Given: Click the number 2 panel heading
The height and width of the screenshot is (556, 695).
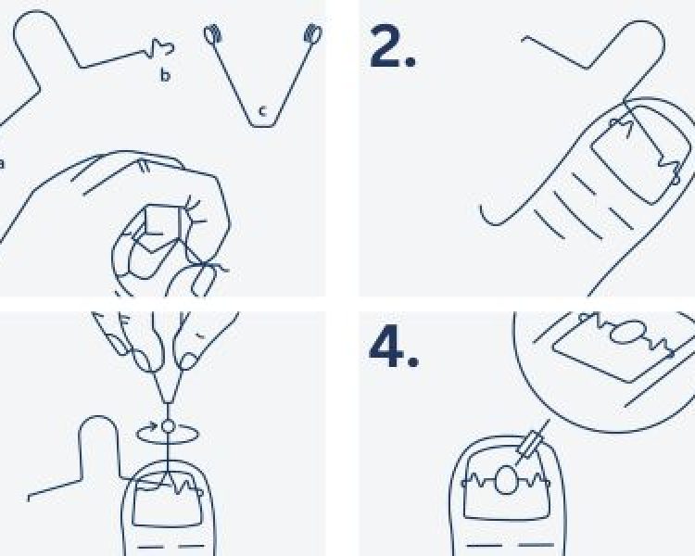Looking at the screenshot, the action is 393,46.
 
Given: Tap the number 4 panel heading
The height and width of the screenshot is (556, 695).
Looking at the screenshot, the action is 394,349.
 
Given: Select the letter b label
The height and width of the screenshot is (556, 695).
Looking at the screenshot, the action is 165,75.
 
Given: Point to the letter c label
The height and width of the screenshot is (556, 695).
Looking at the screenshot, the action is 262,111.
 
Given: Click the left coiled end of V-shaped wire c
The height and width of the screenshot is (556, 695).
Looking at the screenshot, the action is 213,34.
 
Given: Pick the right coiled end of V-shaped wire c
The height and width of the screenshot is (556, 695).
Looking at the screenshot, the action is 313,33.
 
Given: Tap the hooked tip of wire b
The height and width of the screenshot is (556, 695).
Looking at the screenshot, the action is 163,47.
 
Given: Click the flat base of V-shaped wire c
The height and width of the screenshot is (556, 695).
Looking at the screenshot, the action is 263,126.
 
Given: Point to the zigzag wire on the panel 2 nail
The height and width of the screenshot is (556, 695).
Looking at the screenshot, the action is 668,165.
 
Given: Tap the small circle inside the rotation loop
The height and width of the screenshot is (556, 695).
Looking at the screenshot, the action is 168,426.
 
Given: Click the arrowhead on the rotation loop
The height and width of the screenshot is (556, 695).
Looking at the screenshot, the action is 153,426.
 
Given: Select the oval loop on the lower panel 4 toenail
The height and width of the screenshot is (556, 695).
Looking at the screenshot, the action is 506,480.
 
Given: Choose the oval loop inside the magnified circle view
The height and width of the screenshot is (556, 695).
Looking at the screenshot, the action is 626,332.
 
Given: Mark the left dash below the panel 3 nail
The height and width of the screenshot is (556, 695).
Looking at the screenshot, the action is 151,546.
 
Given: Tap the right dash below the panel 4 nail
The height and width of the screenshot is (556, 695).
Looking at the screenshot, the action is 536,545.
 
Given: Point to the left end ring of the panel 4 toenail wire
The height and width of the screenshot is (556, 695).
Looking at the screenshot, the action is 464,484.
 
